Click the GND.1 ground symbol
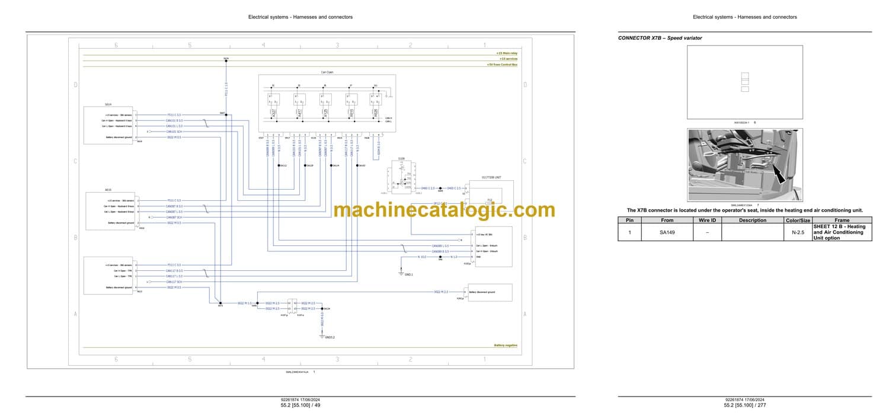pos(402,271)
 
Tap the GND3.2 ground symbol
pos(322,335)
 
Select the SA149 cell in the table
pos(667,233)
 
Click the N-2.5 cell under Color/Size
pos(798,233)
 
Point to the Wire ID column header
pos(707,220)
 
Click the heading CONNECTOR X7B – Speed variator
pos(660,38)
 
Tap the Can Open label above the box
pos(327,72)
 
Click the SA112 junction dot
pos(279,165)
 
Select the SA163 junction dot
pos(357,165)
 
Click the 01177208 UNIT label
pos(491,177)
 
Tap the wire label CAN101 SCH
pos(174,132)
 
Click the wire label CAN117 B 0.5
pos(174,271)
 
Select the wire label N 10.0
pos(422,257)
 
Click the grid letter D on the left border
pos(76,85)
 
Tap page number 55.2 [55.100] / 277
pos(744,405)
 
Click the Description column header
pos(752,220)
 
